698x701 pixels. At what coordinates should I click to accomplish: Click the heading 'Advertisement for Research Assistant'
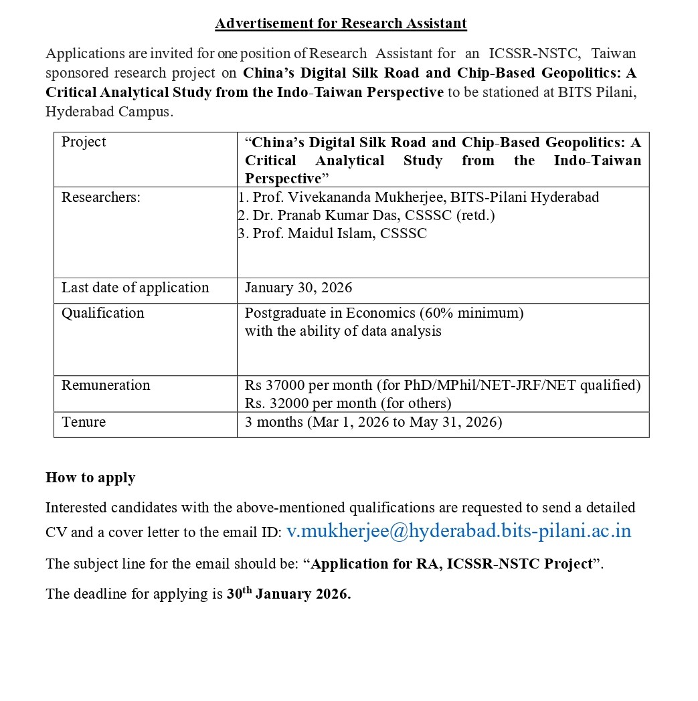[x=341, y=23]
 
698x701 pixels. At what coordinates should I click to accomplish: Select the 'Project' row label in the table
[x=84, y=142]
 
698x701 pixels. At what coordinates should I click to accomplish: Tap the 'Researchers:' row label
[x=101, y=197]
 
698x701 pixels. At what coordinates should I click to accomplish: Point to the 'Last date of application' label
[x=135, y=288]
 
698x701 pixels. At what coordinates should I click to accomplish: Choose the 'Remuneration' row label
[x=106, y=385]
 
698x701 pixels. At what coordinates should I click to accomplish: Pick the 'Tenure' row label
[x=84, y=422]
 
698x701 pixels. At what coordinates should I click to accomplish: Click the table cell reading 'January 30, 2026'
[x=298, y=288]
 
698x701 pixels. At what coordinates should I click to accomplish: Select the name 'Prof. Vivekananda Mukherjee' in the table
[x=347, y=197]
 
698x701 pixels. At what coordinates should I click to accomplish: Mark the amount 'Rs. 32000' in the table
[x=273, y=403]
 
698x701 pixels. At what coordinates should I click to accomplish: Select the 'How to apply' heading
[x=90, y=478]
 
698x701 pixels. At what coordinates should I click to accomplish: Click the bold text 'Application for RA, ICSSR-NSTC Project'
[x=452, y=564]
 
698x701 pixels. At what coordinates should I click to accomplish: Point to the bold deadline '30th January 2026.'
[x=288, y=594]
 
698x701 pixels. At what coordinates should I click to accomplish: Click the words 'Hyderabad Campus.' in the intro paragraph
[x=109, y=112]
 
